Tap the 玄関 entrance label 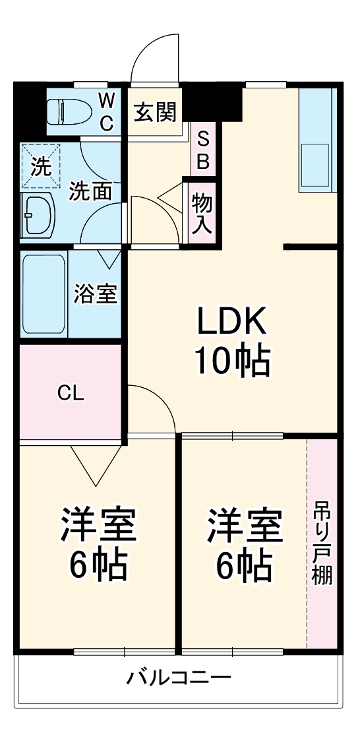[x=154, y=112]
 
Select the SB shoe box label [x=202, y=151]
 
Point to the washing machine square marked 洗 [x=40, y=167]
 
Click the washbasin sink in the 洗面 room [x=38, y=215]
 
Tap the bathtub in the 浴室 [x=44, y=294]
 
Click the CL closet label [x=71, y=392]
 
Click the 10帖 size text [x=233, y=362]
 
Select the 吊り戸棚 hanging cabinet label [x=322, y=543]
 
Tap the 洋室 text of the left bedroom [x=98, y=525]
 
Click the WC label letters [x=107, y=112]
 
